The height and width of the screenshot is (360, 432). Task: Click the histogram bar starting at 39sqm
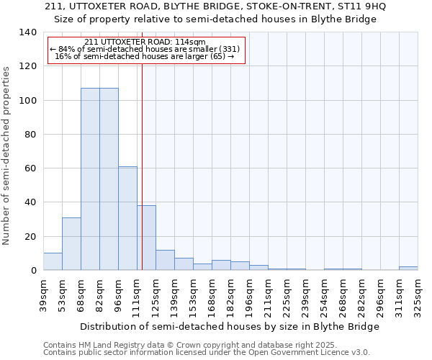(x=53, y=261)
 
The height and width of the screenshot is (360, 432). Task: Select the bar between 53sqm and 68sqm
(x=71, y=244)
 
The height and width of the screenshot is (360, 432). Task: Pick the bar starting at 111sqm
(x=146, y=238)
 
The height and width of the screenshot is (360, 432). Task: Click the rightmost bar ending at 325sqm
(x=408, y=269)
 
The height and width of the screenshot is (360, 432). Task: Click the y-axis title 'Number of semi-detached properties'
(x=7, y=156)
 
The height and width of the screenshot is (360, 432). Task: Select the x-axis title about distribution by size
(x=230, y=326)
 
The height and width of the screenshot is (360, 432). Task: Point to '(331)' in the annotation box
(x=229, y=49)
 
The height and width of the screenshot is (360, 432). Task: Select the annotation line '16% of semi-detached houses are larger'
(x=144, y=56)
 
